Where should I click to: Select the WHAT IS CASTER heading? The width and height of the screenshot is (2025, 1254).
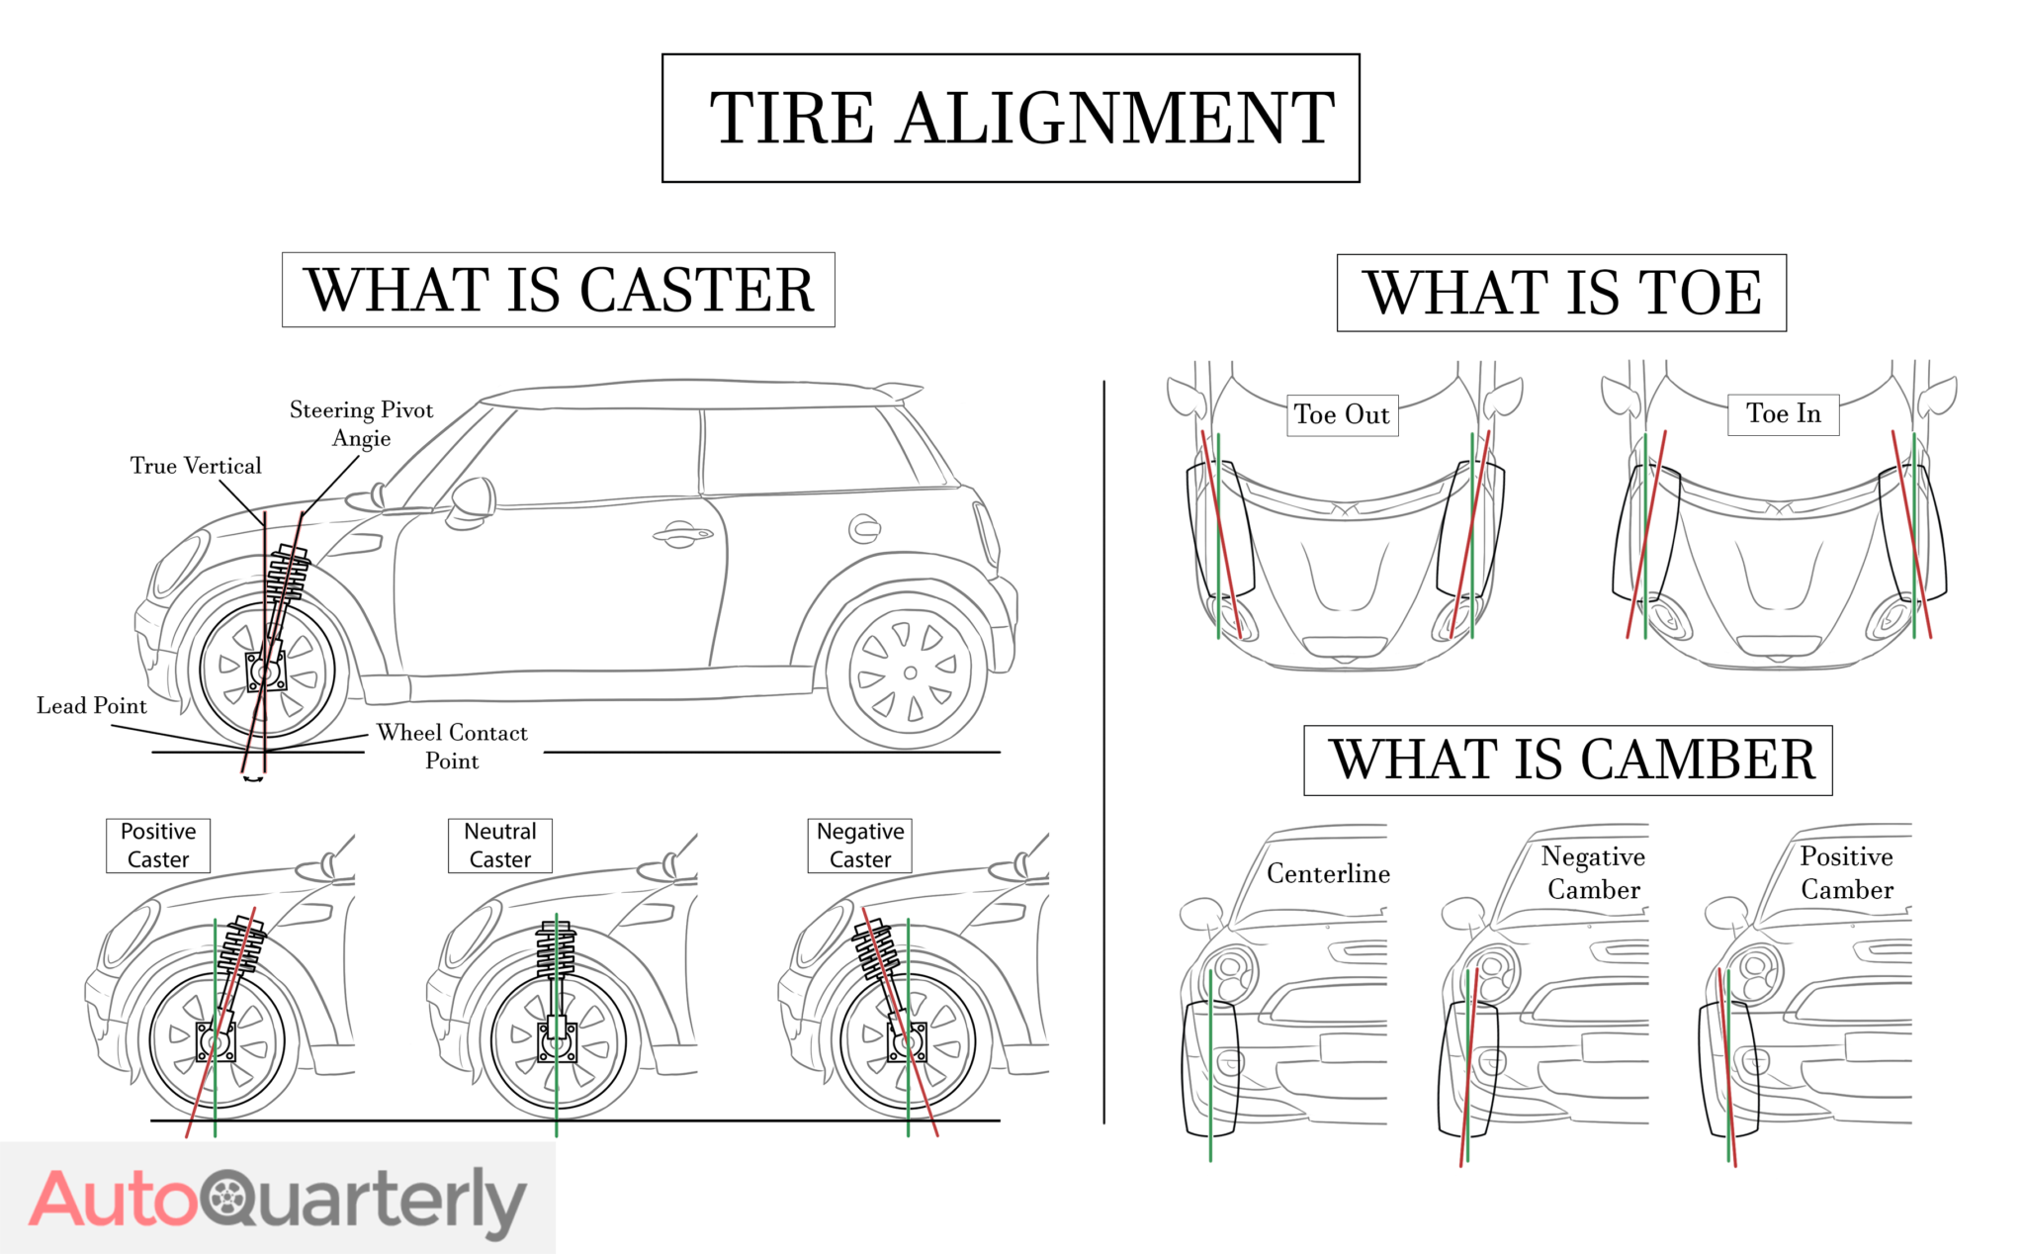pyautogui.click(x=559, y=291)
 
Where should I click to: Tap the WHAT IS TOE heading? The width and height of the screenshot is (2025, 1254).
pyautogui.click(x=1562, y=294)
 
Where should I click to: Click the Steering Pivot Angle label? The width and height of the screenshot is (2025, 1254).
pyautogui.click(x=361, y=424)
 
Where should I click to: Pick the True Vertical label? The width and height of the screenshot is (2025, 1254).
pyautogui.click(x=196, y=466)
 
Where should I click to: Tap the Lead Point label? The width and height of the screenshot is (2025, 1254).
pyautogui.click(x=91, y=706)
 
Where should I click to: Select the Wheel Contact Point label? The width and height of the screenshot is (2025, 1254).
pyautogui.click(x=452, y=747)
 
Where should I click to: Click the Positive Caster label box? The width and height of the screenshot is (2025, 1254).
pyautogui.click(x=158, y=846)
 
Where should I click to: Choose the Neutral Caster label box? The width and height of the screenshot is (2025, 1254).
pyautogui.click(x=500, y=846)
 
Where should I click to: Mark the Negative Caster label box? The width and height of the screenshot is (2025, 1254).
pyautogui.click(x=860, y=846)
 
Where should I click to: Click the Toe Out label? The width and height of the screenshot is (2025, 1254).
pyautogui.click(x=1342, y=415)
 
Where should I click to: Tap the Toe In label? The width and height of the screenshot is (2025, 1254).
pyautogui.click(x=1784, y=414)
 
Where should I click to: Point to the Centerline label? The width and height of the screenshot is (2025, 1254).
pyautogui.click(x=1328, y=874)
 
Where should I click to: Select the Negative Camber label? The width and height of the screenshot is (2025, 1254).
pyautogui.click(x=1593, y=873)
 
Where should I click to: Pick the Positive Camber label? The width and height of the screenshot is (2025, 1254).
pyautogui.click(x=1847, y=873)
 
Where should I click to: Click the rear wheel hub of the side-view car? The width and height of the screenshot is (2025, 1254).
pyautogui.click(x=910, y=673)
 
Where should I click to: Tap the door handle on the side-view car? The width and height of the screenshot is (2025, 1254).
pyautogui.click(x=682, y=536)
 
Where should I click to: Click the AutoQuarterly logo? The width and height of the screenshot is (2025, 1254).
pyautogui.click(x=278, y=1200)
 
